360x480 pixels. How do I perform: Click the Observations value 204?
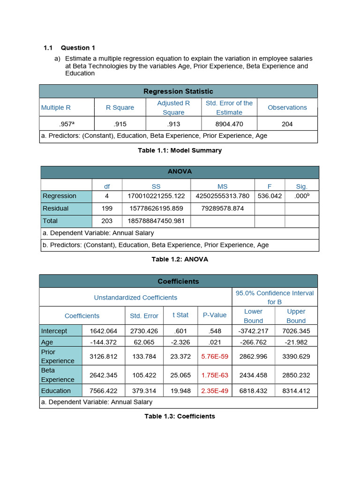[x=287, y=124]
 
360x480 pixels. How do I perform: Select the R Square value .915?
[x=120, y=124]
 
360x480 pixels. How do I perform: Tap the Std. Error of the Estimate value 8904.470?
[x=229, y=124]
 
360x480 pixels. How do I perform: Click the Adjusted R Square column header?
[x=173, y=108]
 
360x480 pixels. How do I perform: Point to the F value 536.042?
[x=270, y=196]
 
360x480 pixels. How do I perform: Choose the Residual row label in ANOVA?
[x=56, y=209]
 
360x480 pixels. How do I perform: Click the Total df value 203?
[x=107, y=221]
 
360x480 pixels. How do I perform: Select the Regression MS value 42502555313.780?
[x=222, y=196]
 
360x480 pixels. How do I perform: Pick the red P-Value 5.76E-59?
[x=215, y=356]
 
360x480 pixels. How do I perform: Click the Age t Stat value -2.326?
[x=180, y=342]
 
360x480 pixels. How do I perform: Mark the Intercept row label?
[x=54, y=331]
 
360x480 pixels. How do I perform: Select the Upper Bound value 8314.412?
[x=296, y=391]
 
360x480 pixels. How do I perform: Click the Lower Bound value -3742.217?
[x=253, y=331]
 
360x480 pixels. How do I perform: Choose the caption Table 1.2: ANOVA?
[x=180, y=259]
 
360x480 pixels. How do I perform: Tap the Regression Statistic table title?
[x=178, y=91]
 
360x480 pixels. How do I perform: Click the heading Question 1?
[x=78, y=48]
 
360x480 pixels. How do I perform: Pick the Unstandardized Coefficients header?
[x=135, y=298]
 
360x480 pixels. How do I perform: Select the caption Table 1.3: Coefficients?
[x=180, y=416]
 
